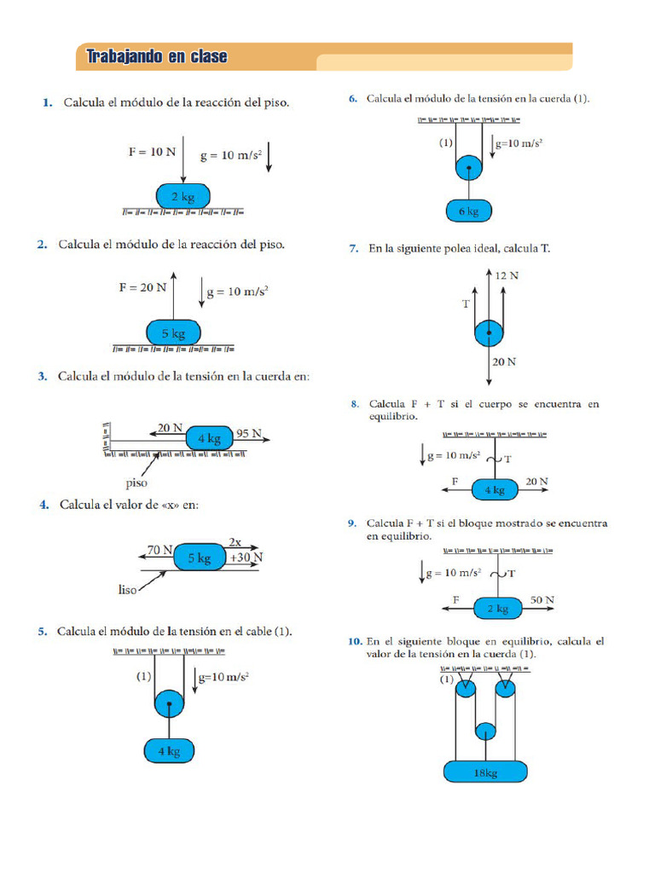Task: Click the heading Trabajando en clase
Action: (x=157, y=57)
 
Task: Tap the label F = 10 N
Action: (x=152, y=152)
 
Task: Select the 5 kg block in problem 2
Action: (x=173, y=333)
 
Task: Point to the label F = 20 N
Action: (x=142, y=287)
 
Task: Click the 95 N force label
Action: (x=248, y=432)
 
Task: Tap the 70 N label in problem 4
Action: (x=159, y=550)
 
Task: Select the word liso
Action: (x=128, y=589)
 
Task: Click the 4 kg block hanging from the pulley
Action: (x=169, y=751)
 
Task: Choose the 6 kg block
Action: (x=468, y=211)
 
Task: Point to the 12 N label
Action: (x=507, y=275)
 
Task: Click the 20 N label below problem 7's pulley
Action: (x=503, y=361)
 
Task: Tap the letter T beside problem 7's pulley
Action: (x=467, y=303)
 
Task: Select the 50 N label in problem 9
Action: (x=542, y=600)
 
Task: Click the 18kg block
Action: (x=485, y=772)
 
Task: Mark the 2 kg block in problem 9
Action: (x=496, y=609)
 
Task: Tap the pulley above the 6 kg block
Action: (x=469, y=166)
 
